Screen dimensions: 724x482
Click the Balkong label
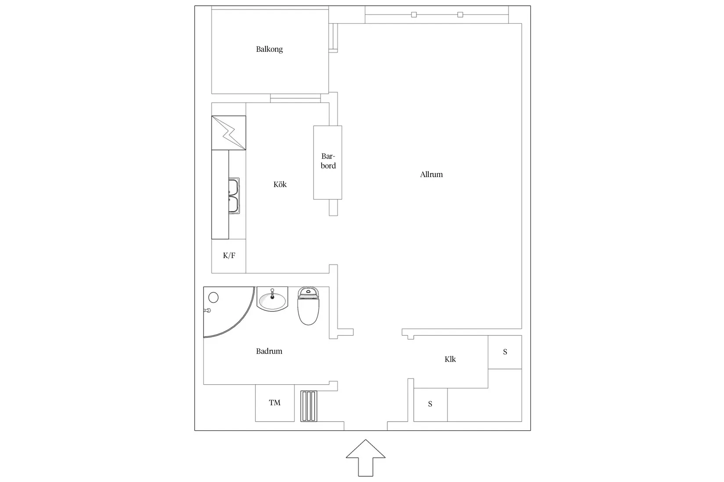pyautogui.click(x=269, y=50)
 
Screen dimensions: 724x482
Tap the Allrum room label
pyautogui.click(x=431, y=175)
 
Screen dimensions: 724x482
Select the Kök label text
pyautogui.click(x=280, y=184)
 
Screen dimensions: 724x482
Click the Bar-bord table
pyautogui.click(x=327, y=163)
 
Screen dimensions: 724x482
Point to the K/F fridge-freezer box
pyautogui.click(x=229, y=256)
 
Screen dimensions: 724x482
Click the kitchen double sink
pyautogui.click(x=234, y=195)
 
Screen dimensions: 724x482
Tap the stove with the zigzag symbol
pyautogui.click(x=229, y=133)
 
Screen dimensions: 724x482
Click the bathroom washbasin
pyautogui.click(x=272, y=299)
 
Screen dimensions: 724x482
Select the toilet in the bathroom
pyautogui.click(x=308, y=306)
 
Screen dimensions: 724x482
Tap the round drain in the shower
pyautogui.click(x=213, y=298)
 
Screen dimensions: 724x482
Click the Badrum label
pyautogui.click(x=269, y=351)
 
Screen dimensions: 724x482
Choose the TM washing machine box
pyautogui.click(x=275, y=403)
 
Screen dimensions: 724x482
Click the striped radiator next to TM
pyautogui.click(x=308, y=406)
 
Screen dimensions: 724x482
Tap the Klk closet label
pyautogui.click(x=450, y=359)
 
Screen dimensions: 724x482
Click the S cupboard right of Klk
pyautogui.click(x=505, y=352)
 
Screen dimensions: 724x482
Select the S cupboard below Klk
pyautogui.click(x=430, y=404)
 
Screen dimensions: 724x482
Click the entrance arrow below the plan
pyautogui.click(x=366, y=458)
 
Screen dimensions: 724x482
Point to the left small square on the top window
pyautogui.click(x=414, y=14)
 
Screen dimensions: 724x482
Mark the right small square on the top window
pyautogui.click(x=460, y=14)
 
